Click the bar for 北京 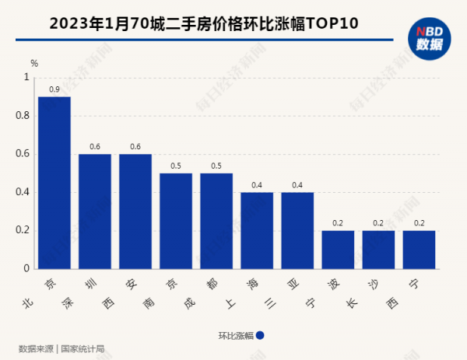pyautogui.click(x=54, y=183)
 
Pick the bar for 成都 pyautogui.click(x=216, y=221)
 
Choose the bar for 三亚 pyautogui.click(x=297, y=230)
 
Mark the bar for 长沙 pyautogui.click(x=378, y=250)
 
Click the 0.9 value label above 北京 pyautogui.click(x=54, y=89)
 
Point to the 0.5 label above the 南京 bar pyautogui.click(x=176, y=166)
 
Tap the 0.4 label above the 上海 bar pyautogui.click(x=257, y=185)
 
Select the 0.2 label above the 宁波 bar pyautogui.click(x=338, y=223)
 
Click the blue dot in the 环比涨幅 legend pyautogui.click(x=260, y=336)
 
